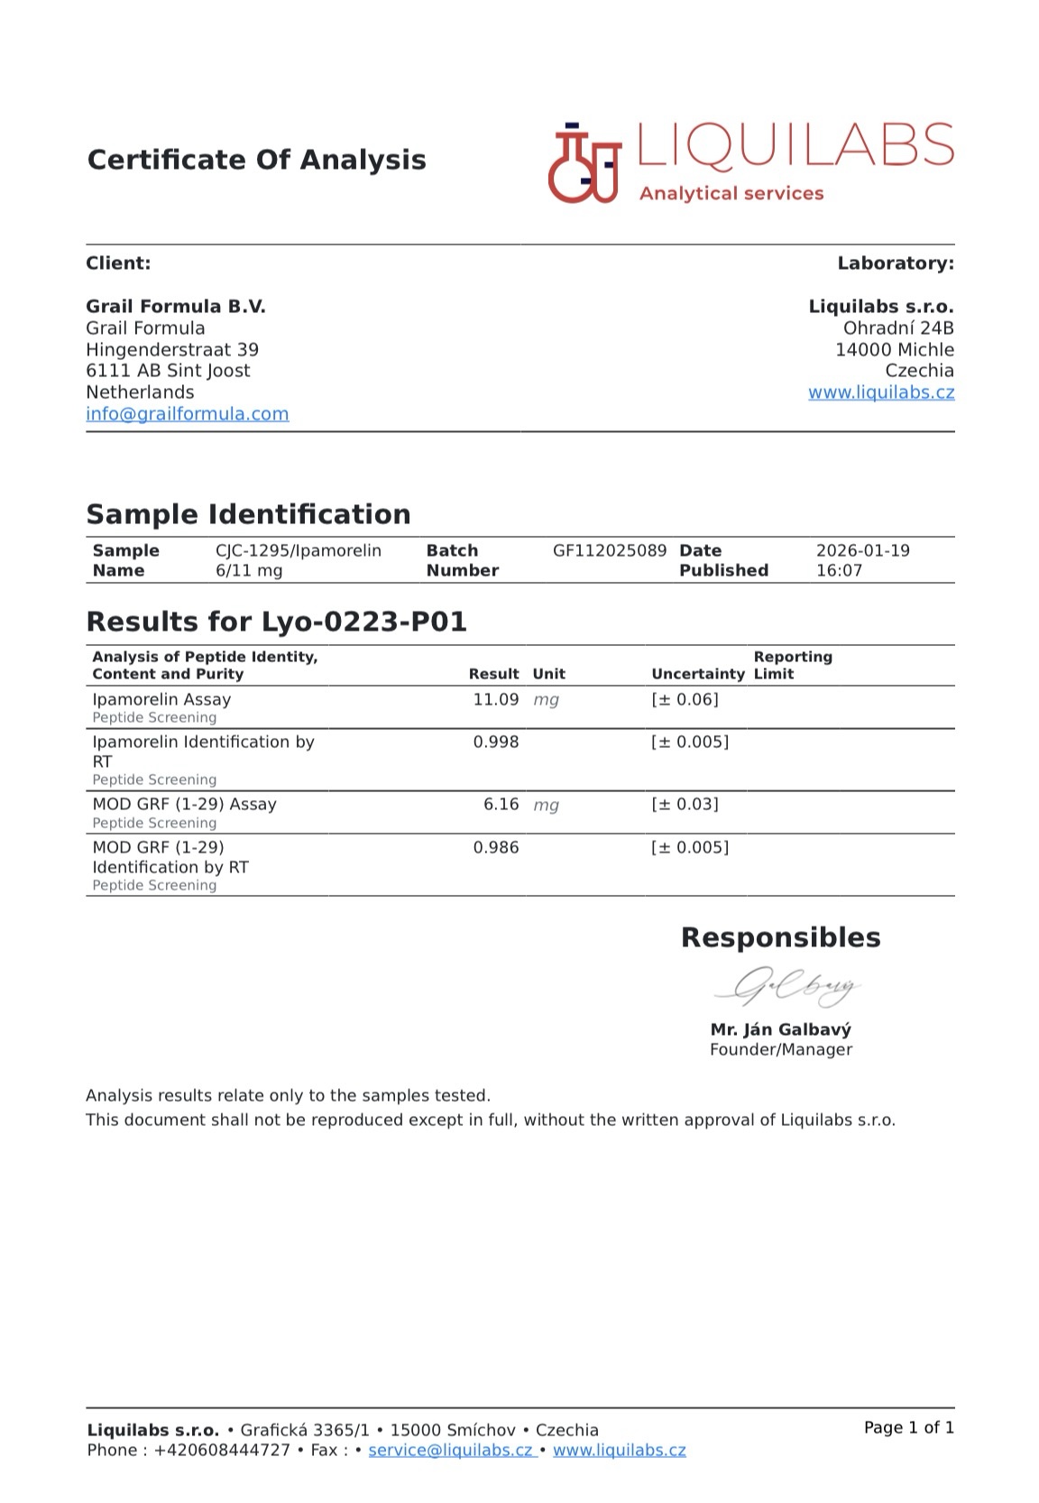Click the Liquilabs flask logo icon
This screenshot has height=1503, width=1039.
[584, 163]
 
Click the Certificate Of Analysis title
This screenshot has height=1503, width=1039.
[256, 160]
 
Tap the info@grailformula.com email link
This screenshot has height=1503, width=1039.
[188, 414]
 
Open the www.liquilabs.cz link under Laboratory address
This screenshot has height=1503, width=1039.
[880, 392]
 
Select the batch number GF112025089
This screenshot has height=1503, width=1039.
[610, 550]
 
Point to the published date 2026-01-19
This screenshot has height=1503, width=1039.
[862, 550]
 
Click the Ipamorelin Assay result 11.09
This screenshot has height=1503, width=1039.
[495, 699]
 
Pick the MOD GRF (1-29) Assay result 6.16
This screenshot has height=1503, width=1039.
[501, 804]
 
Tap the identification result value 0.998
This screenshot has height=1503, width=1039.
[495, 742]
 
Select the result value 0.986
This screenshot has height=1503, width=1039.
[495, 847]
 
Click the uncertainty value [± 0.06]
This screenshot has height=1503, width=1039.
[685, 699]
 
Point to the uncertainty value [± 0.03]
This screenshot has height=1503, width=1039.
[685, 804]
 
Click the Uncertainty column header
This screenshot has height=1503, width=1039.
[698, 674]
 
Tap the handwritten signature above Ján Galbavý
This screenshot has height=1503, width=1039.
[786, 988]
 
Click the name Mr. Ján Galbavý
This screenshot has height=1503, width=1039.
[780, 1029]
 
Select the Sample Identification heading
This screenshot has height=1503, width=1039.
[248, 514]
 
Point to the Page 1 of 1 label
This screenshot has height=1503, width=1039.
[908, 1427]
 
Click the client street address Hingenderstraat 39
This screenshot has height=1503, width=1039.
[172, 349]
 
